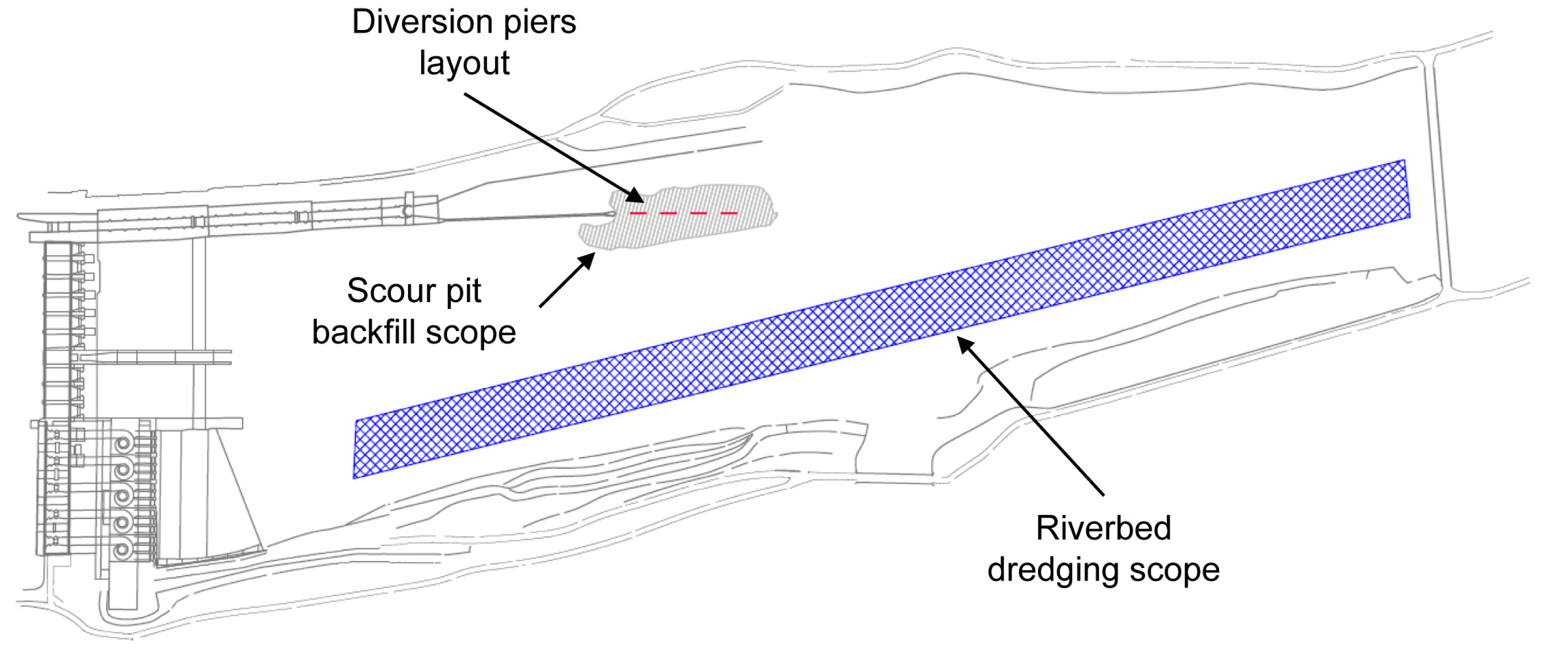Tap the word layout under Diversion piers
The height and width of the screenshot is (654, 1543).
464,63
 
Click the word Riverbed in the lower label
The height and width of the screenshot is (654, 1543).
1103,529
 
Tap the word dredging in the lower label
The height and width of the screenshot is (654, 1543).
1051,570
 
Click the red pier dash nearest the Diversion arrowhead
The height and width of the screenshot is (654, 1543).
638,213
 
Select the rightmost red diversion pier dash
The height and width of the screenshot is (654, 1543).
729,213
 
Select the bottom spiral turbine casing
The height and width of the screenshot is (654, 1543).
123,548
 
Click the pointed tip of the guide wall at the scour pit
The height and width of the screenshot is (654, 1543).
612,214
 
